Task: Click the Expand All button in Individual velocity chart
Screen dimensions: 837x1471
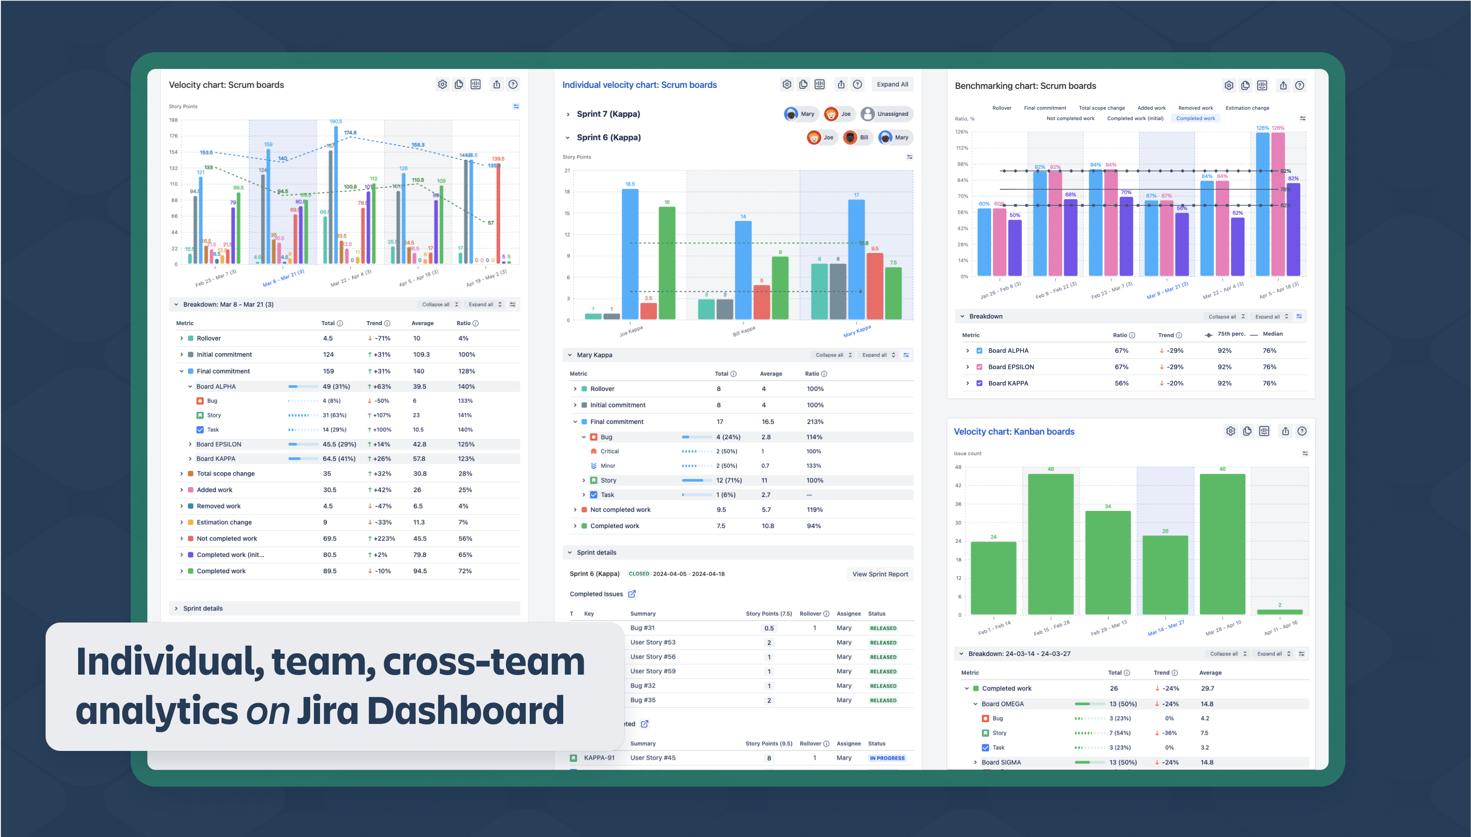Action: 892,85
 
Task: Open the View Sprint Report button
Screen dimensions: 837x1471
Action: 880,574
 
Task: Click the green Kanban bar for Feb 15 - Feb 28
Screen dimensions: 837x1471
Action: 1051,543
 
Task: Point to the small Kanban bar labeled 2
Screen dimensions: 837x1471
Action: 1280,612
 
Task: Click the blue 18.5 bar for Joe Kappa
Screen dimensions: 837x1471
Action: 630,253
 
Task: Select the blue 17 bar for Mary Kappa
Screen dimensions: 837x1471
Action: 856,259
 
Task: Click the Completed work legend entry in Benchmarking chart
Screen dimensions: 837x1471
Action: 1195,119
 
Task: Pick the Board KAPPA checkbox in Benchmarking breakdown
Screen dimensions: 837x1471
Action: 979,383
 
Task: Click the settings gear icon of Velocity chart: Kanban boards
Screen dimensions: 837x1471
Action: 1230,431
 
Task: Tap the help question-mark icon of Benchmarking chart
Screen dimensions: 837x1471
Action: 1299,86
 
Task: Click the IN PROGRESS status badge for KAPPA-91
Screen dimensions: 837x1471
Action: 886,757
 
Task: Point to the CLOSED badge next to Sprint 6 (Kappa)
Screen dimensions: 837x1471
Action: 639,574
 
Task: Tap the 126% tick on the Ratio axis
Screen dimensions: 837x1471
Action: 961,132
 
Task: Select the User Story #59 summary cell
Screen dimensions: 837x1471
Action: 653,671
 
